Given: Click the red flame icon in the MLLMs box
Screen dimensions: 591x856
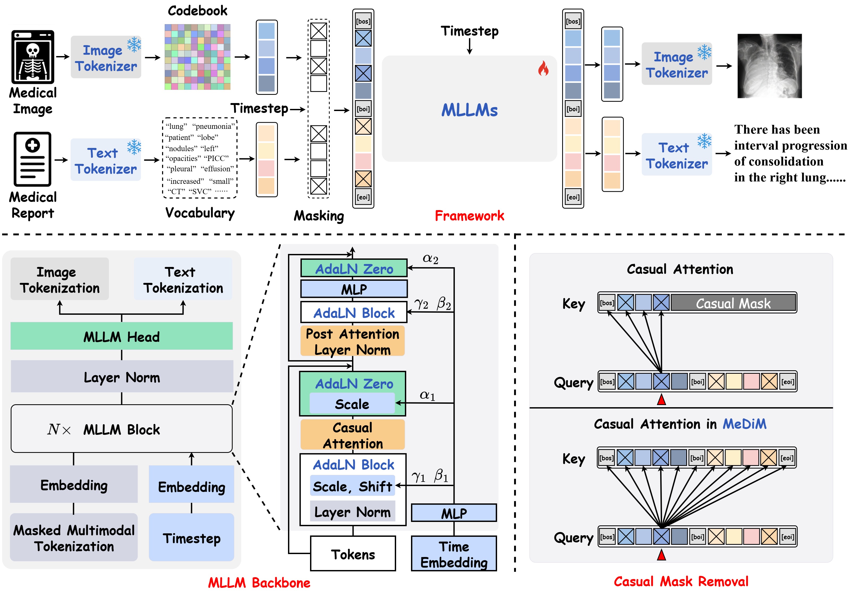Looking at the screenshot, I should [543, 69].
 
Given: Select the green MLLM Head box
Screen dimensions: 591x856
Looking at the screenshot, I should [121, 336].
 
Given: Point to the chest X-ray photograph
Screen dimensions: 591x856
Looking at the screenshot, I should [769, 66].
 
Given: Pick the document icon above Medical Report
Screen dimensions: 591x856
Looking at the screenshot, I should [33, 159].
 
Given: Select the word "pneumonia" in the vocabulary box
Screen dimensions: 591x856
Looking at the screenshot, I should [213, 126].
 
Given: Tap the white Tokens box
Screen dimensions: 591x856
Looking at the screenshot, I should [353, 554].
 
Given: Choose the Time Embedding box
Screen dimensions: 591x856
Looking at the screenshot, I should [454, 554].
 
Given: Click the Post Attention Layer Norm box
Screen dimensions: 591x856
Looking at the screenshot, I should [352, 341].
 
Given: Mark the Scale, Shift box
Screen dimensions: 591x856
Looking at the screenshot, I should [352, 486].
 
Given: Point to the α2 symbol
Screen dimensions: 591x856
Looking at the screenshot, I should [430, 259].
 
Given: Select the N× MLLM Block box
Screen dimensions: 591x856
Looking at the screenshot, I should [121, 429].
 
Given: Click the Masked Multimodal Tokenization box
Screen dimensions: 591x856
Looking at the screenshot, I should [74, 538].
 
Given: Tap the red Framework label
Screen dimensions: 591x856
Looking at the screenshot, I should [469, 215].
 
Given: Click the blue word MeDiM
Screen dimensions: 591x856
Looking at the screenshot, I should [744, 424].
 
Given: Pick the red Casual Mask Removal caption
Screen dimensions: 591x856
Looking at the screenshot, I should [681, 581].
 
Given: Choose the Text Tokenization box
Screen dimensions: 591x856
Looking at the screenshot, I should [183, 280].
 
